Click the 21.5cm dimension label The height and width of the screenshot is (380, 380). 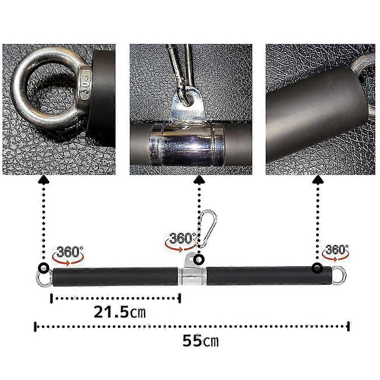pos(120,312)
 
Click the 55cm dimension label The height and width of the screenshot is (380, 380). pos(200,341)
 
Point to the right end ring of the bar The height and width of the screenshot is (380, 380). pos(339,276)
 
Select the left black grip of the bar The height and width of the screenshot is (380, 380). pos(115,277)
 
